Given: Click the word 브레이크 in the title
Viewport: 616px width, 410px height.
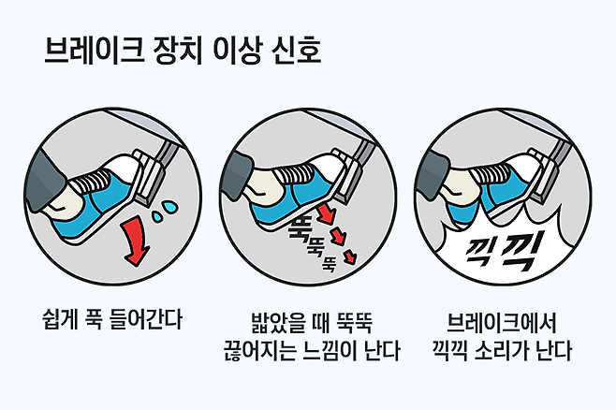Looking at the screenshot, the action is (x=94, y=51).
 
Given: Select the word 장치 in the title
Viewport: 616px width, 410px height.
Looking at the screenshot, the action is (x=177, y=51).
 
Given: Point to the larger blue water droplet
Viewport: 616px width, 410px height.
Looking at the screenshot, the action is (x=170, y=207).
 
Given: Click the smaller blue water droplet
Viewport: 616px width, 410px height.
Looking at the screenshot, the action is (x=157, y=217).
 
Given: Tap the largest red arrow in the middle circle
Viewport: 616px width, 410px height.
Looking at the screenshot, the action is (x=327, y=213).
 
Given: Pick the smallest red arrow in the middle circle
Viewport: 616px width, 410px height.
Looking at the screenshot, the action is (x=350, y=256).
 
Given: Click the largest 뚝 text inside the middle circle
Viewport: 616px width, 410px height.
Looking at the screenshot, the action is (x=299, y=228).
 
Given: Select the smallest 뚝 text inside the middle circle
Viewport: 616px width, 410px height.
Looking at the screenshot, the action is (x=330, y=264).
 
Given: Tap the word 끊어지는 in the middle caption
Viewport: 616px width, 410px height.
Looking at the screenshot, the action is (x=260, y=351).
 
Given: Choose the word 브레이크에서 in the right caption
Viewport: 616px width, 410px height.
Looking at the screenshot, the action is (x=502, y=323).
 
